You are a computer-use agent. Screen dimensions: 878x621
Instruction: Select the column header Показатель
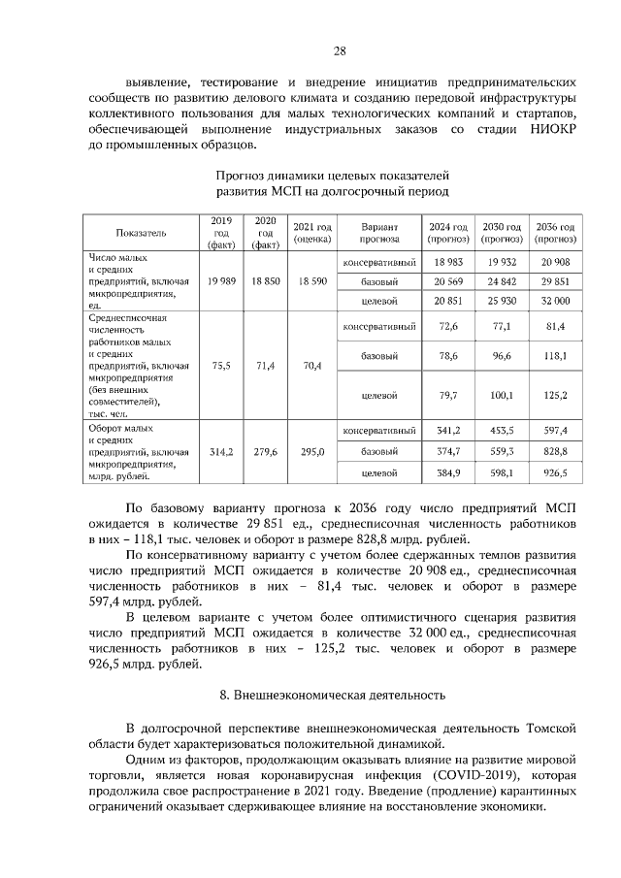142,233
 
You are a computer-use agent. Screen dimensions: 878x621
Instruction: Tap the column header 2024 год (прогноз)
447,232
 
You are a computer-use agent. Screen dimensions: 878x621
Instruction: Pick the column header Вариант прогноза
377,232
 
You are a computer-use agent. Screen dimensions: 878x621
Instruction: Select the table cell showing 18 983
447,262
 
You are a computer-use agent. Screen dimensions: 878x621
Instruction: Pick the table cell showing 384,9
447,472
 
